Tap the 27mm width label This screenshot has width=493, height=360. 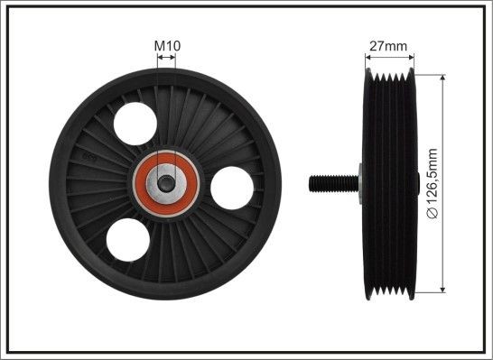point(389,45)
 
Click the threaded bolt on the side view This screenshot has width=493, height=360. point(330,182)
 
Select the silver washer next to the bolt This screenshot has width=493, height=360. point(359,182)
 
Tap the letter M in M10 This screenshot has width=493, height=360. point(158,45)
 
